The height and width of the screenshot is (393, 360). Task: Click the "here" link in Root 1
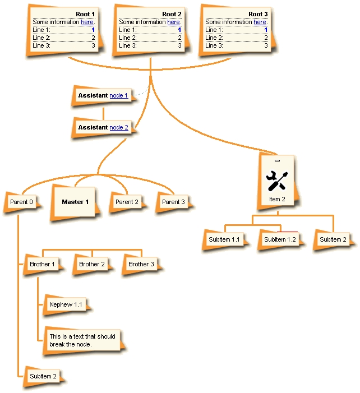[x=87, y=22]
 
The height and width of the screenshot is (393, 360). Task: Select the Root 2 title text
[x=172, y=14]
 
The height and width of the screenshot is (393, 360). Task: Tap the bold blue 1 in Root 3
[x=266, y=30]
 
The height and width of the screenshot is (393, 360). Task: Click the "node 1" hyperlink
[x=118, y=95]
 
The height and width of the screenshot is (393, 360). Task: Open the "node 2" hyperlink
[x=119, y=127]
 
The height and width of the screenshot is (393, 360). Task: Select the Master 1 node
[x=75, y=202]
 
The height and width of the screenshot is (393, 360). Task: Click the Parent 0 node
[x=21, y=202]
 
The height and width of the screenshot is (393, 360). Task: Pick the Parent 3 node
[x=173, y=202]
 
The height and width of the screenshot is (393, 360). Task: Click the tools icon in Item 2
[x=277, y=181]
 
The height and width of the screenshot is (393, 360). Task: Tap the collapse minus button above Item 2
[x=277, y=160]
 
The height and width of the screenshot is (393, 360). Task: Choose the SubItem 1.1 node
[x=224, y=239]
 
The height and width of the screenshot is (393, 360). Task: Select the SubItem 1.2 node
[x=280, y=239]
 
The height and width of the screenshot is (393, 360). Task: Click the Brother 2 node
[x=92, y=264]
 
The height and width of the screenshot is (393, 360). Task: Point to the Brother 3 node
[x=141, y=264]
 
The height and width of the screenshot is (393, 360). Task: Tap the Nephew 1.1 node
[x=66, y=304]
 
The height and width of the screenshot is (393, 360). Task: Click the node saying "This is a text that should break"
[x=82, y=340]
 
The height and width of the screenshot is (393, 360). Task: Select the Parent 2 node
[x=127, y=202]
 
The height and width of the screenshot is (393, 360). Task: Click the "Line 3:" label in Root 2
[x=128, y=45]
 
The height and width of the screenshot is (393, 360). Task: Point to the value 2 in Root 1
[x=93, y=38]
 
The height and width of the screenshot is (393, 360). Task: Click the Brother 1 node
[x=42, y=264]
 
